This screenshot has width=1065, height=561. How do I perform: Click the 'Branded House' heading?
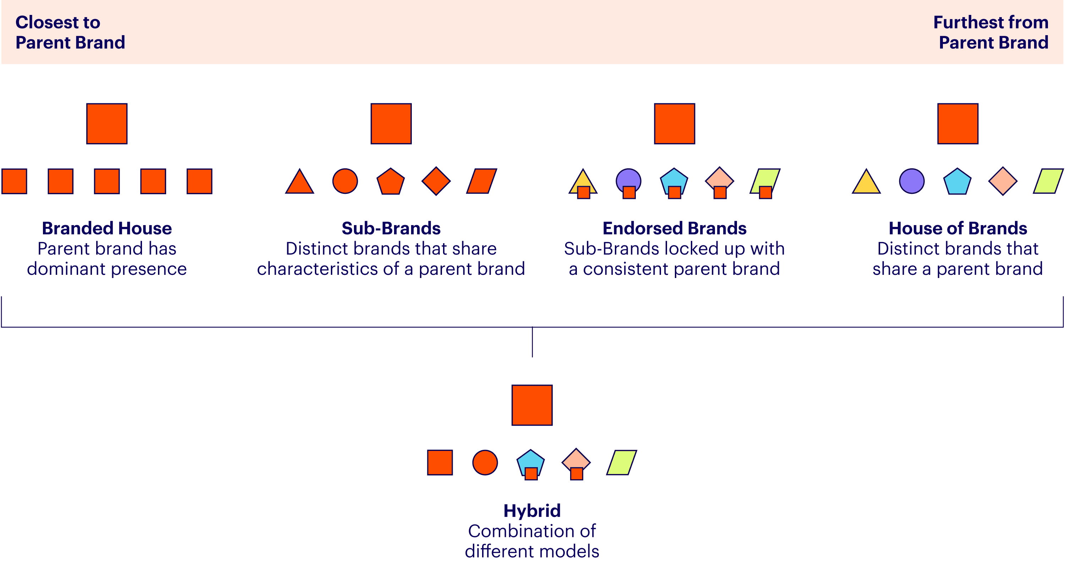tap(106, 228)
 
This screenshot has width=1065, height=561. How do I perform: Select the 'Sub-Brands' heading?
tap(391, 228)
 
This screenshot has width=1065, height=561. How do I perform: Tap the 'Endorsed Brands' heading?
tap(674, 228)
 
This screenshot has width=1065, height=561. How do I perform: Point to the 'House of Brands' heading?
tap(957, 228)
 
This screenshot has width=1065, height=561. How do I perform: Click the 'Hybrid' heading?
tap(532, 511)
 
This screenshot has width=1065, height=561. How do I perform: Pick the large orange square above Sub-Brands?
tap(391, 124)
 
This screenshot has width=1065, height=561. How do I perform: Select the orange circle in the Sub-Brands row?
tap(345, 181)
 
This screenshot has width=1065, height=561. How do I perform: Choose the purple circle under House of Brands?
tap(912, 181)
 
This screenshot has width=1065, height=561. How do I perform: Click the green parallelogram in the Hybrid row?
tap(621, 462)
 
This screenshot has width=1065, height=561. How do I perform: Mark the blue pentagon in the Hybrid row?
tap(530, 459)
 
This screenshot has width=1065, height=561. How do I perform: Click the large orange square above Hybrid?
tap(532, 405)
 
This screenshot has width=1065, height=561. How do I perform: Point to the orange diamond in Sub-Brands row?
tap(436, 181)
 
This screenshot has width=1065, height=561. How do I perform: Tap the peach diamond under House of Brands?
tap(1003, 181)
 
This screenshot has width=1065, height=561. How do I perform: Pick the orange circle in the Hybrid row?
tap(485, 462)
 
